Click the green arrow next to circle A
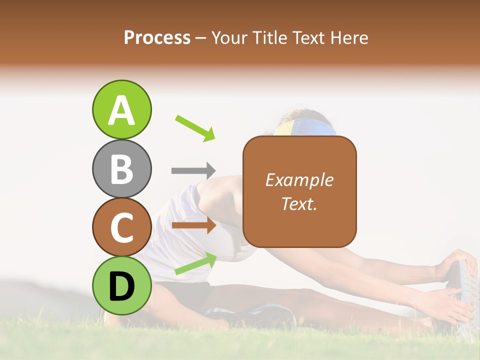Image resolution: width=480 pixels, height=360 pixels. [x=195, y=127]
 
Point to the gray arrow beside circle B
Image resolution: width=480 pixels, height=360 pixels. [x=193, y=170]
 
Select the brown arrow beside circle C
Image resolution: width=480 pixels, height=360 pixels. [x=193, y=225]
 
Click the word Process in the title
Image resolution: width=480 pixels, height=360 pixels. [x=157, y=37]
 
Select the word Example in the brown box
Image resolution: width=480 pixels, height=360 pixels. [x=299, y=180]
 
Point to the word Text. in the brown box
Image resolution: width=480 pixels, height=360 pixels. [x=299, y=203]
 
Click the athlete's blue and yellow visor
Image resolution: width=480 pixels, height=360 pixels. [x=305, y=127]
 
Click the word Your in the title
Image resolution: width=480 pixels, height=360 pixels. [x=227, y=37]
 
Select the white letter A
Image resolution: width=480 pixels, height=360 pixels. [x=122, y=110]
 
